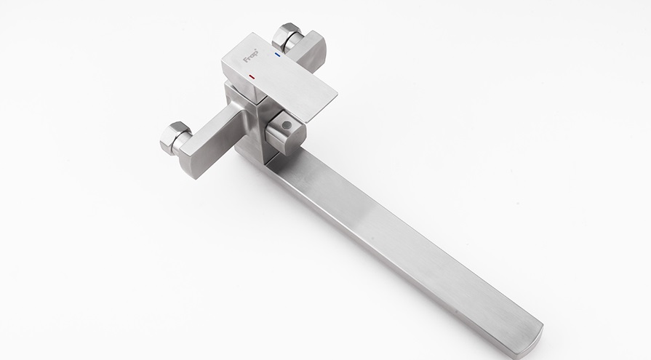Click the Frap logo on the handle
coord(250,56)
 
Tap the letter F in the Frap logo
coord(245,60)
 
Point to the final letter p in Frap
coord(255,54)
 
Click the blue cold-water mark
coord(277,55)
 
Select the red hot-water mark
coord(252,76)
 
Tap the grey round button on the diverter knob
coord(286,124)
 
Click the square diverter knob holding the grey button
coord(285,132)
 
